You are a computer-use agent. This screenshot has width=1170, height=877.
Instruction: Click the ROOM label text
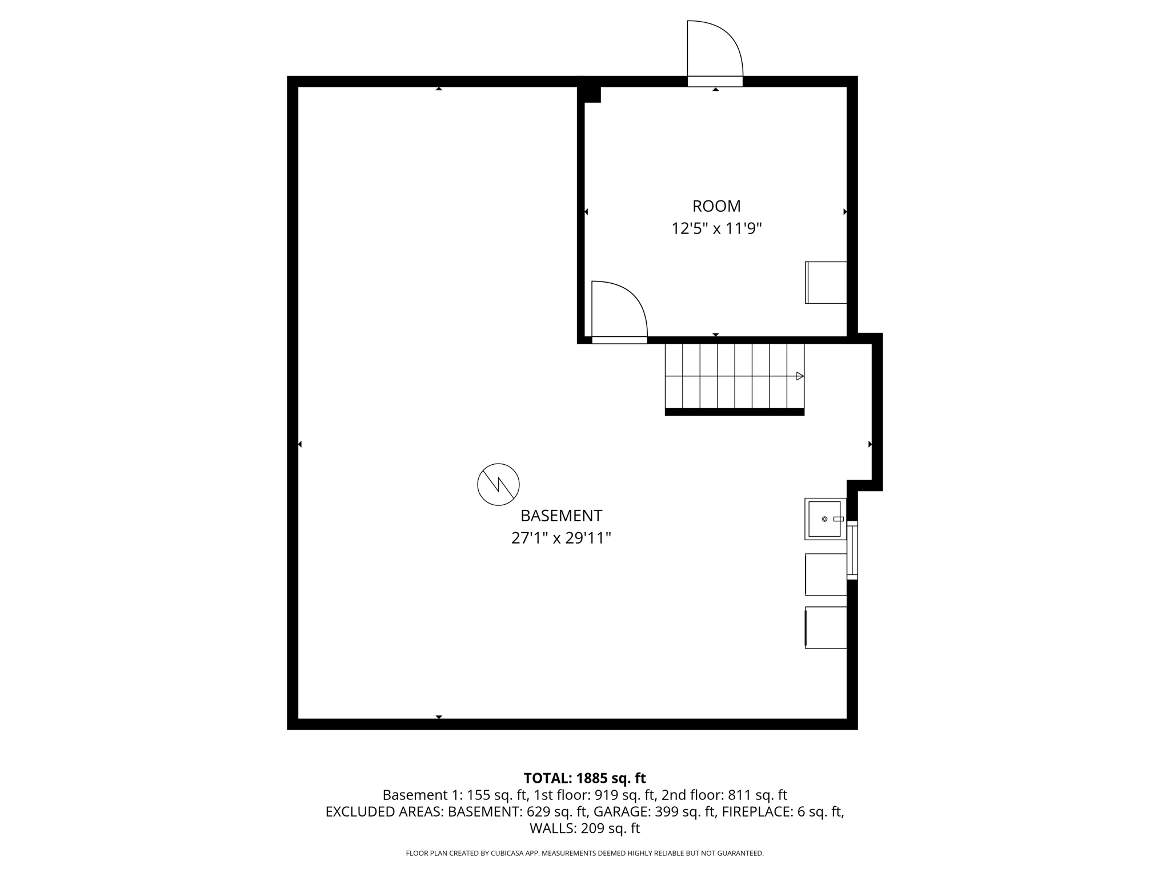[x=716, y=206]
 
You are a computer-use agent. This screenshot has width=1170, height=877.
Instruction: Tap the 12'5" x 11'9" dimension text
[x=716, y=229]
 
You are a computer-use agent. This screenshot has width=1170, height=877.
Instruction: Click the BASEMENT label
[x=561, y=516]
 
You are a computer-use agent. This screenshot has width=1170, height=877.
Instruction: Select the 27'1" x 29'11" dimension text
[x=561, y=538]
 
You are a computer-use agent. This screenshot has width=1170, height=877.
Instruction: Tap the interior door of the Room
[x=618, y=312]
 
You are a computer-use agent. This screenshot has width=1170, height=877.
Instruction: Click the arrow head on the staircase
[x=800, y=376]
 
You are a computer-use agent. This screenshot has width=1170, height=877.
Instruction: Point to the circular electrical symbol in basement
[x=498, y=484]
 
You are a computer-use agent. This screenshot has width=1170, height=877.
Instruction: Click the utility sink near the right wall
[x=825, y=519]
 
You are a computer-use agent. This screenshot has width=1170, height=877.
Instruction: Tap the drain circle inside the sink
[x=824, y=519]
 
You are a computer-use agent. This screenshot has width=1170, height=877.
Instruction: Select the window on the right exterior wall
[x=852, y=550]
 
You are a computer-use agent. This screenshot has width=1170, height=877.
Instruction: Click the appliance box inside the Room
[x=826, y=283]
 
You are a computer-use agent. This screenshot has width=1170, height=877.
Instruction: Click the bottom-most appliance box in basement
[x=826, y=627]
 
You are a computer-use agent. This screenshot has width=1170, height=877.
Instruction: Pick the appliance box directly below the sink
[x=826, y=574]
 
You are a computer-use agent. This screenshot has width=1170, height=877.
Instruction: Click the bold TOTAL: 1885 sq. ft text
[x=584, y=778]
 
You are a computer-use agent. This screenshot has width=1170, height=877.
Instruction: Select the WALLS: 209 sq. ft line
[x=584, y=828]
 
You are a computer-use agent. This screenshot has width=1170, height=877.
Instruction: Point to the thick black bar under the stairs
[x=734, y=412]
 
